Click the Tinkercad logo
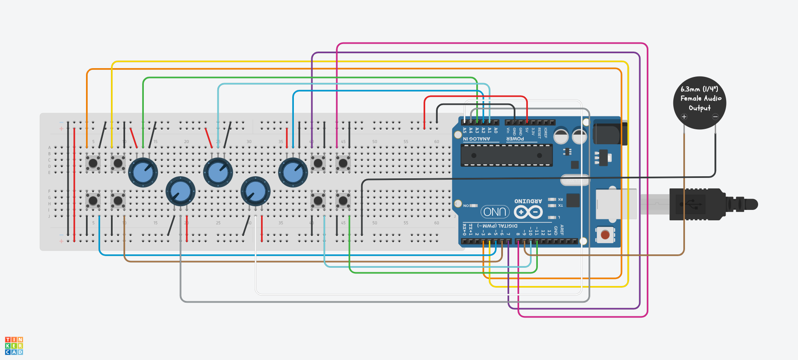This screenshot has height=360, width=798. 14,345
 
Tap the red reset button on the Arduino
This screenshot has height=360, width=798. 605,235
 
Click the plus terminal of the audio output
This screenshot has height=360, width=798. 684,117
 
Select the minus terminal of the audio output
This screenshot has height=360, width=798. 715,117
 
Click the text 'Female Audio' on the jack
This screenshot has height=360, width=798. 701,99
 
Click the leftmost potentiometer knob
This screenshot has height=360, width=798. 143,173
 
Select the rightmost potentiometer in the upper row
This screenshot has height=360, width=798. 293,173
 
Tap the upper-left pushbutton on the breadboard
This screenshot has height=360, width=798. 93,163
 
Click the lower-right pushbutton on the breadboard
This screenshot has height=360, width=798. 343,201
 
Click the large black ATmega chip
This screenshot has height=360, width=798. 506,155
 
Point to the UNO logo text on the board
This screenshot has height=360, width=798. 495,212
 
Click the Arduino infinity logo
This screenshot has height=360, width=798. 528,212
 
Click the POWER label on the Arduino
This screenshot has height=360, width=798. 515,139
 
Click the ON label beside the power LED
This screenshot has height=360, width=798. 466,206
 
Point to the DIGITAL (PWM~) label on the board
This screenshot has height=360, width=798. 498,226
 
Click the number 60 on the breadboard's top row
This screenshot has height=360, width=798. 436,142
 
